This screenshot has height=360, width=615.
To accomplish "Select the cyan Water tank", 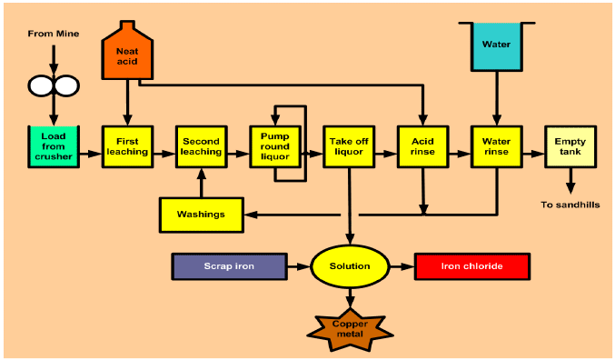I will (x=496, y=46).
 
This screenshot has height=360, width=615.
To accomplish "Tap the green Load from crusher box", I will (x=54, y=146).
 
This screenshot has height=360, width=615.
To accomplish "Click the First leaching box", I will (x=127, y=146).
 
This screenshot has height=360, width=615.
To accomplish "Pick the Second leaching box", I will (x=201, y=146).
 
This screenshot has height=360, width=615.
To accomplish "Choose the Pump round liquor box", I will (x=274, y=146).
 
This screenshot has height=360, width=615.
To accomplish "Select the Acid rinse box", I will (x=423, y=146).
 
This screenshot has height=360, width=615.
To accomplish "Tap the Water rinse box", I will (x=497, y=146).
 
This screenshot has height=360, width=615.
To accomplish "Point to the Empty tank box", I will (x=570, y=146).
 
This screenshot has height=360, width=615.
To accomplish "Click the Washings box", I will (x=201, y=215).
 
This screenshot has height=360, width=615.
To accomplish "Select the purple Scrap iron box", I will (x=228, y=266).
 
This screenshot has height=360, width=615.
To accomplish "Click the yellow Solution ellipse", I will (x=350, y=266).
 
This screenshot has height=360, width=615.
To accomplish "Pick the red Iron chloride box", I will (x=471, y=266).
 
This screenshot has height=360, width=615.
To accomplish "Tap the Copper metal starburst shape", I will (x=350, y=328).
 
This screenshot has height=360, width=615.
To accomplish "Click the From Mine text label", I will (x=54, y=34).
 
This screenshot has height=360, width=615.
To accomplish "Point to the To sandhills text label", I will (x=570, y=205).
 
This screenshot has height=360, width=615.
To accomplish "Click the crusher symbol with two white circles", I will (x=54, y=85).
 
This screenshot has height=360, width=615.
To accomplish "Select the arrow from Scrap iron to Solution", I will (x=297, y=266).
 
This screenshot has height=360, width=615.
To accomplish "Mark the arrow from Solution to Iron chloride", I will (x=402, y=266).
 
